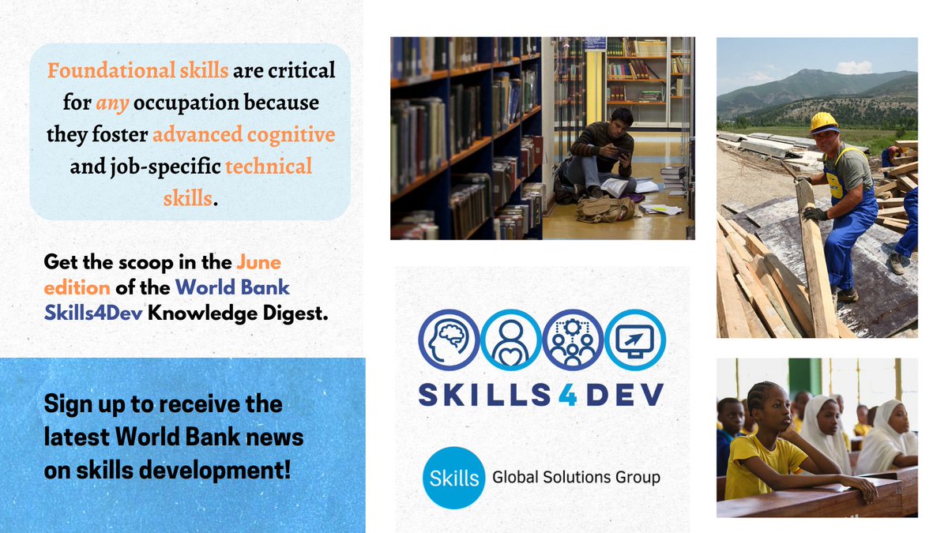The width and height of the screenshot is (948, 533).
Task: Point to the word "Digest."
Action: (x=294, y=313)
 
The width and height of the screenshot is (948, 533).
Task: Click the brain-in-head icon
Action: (x=449, y=340)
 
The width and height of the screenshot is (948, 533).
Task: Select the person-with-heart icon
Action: (x=510, y=340)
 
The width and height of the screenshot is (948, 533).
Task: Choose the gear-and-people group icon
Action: (x=573, y=340)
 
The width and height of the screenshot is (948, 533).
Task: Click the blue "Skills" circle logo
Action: (x=453, y=477)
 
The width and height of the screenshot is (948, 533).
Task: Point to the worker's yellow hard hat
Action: (x=824, y=122)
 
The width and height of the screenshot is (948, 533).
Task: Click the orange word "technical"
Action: (x=269, y=167)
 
